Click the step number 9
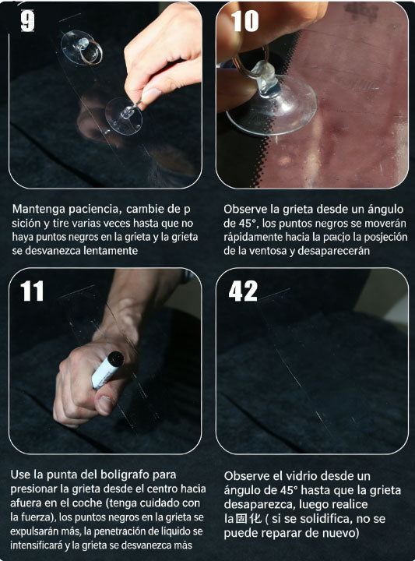(26, 21)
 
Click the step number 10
(244, 21)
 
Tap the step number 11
(31, 291)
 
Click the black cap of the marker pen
(114, 359)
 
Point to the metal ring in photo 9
(91, 52)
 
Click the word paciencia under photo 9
(92, 209)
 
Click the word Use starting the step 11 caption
(22, 475)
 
